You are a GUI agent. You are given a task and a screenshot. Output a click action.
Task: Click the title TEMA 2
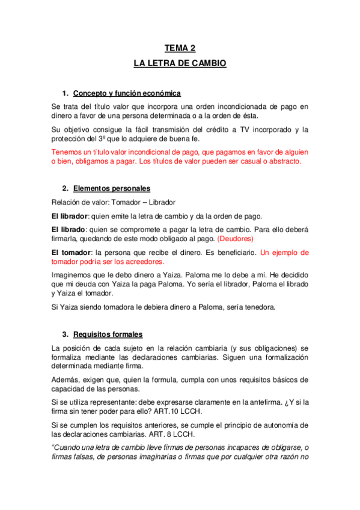tap(180, 49)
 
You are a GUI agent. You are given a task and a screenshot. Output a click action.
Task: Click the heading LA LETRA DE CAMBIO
tap(180, 63)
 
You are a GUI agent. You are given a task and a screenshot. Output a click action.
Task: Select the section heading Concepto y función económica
tap(127, 93)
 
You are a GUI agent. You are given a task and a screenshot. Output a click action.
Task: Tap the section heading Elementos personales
tap(111, 188)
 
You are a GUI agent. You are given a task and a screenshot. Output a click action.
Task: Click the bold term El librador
tap(70, 217)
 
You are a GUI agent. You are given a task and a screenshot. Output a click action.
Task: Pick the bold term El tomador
tap(71, 253)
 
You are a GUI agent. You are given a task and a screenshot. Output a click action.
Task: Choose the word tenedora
tap(257, 307)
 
